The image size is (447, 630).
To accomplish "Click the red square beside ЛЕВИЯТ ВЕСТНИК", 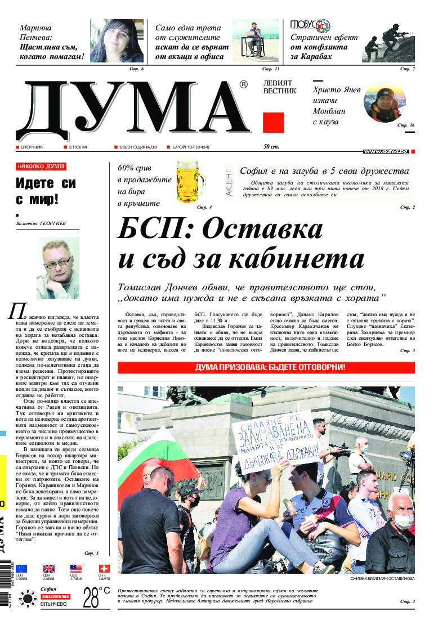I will pos(273,123).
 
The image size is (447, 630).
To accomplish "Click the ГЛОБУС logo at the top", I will pos(310,25).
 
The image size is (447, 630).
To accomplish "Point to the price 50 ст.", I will pos(272,147).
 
